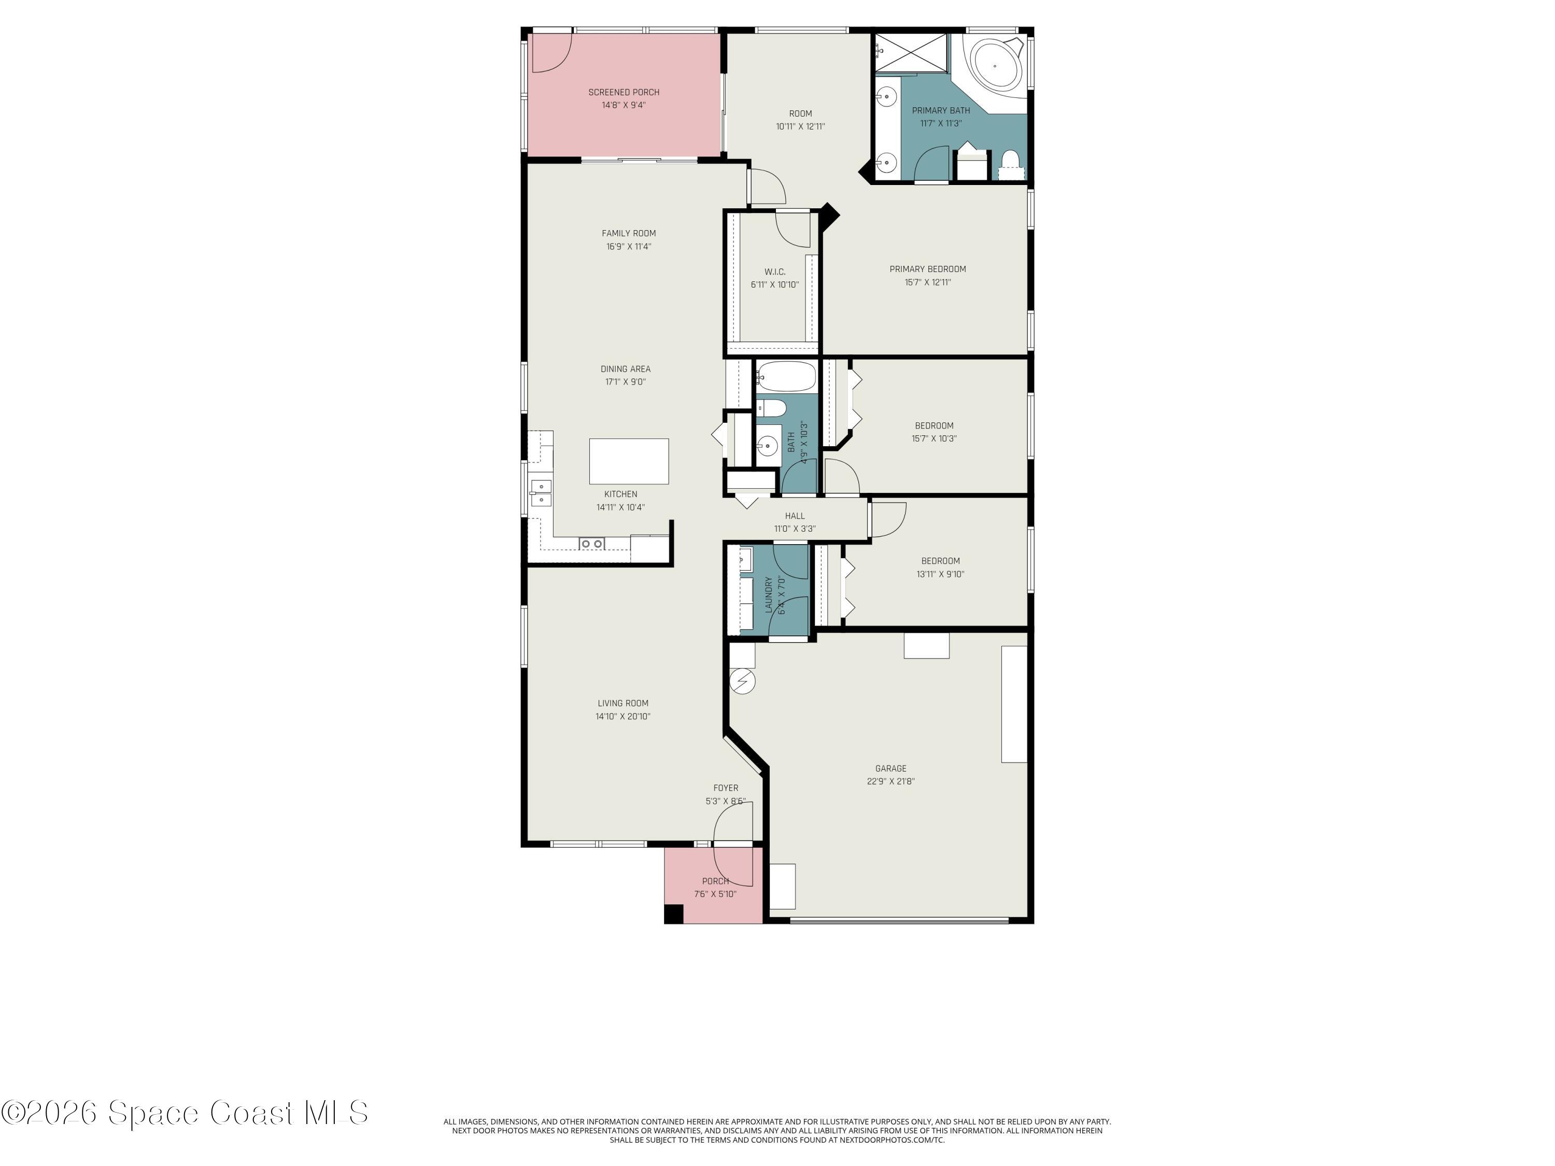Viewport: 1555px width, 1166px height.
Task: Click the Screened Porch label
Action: pyautogui.click(x=623, y=92)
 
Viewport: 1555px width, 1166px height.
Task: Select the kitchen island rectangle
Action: pyautogui.click(x=628, y=461)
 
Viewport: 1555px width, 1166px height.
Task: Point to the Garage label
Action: pyautogui.click(x=890, y=768)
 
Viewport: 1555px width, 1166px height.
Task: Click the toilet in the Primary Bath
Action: pyautogui.click(x=1010, y=162)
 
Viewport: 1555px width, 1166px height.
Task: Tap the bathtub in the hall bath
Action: pyautogui.click(x=786, y=377)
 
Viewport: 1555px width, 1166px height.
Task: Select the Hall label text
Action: pyautogui.click(x=795, y=516)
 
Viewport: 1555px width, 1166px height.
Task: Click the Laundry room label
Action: pyautogui.click(x=768, y=593)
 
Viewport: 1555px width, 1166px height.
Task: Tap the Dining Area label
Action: pyautogui.click(x=625, y=369)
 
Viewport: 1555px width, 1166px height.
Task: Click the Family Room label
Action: pyautogui.click(x=628, y=233)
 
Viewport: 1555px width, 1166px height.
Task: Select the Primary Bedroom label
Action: pyautogui.click(x=927, y=269)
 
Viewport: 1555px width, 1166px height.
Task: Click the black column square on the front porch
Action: pyautogui.click(x=673, y=914)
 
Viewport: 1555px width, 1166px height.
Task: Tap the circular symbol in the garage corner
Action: pyautogui.click(x=742, y=681)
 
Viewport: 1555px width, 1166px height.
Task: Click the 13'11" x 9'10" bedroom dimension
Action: pyautogui.click(x=940, y=574)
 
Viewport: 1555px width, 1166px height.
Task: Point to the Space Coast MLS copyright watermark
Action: pyautogui.click(x=184, y=1113)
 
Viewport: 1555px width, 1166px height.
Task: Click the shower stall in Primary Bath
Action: pyautogui.click(x=911, y=53)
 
